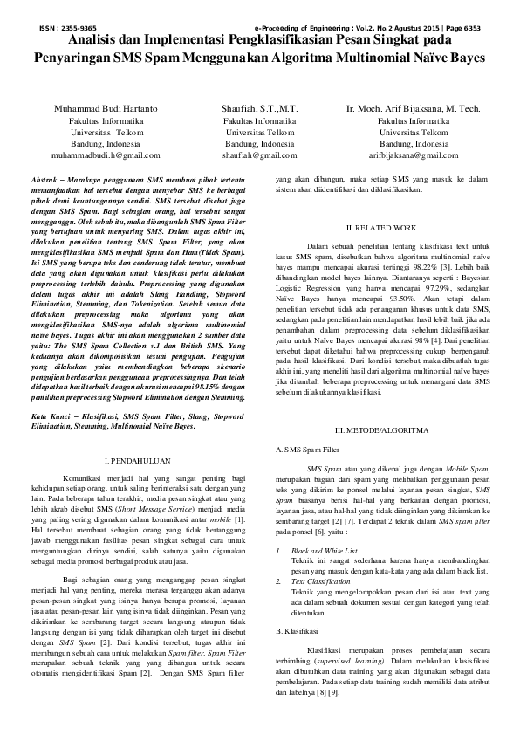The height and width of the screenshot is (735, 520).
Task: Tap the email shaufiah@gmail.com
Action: pos(259,154)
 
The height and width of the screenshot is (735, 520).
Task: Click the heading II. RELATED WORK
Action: pos(382,227)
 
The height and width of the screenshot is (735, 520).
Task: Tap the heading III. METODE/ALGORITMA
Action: pos(382,431)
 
